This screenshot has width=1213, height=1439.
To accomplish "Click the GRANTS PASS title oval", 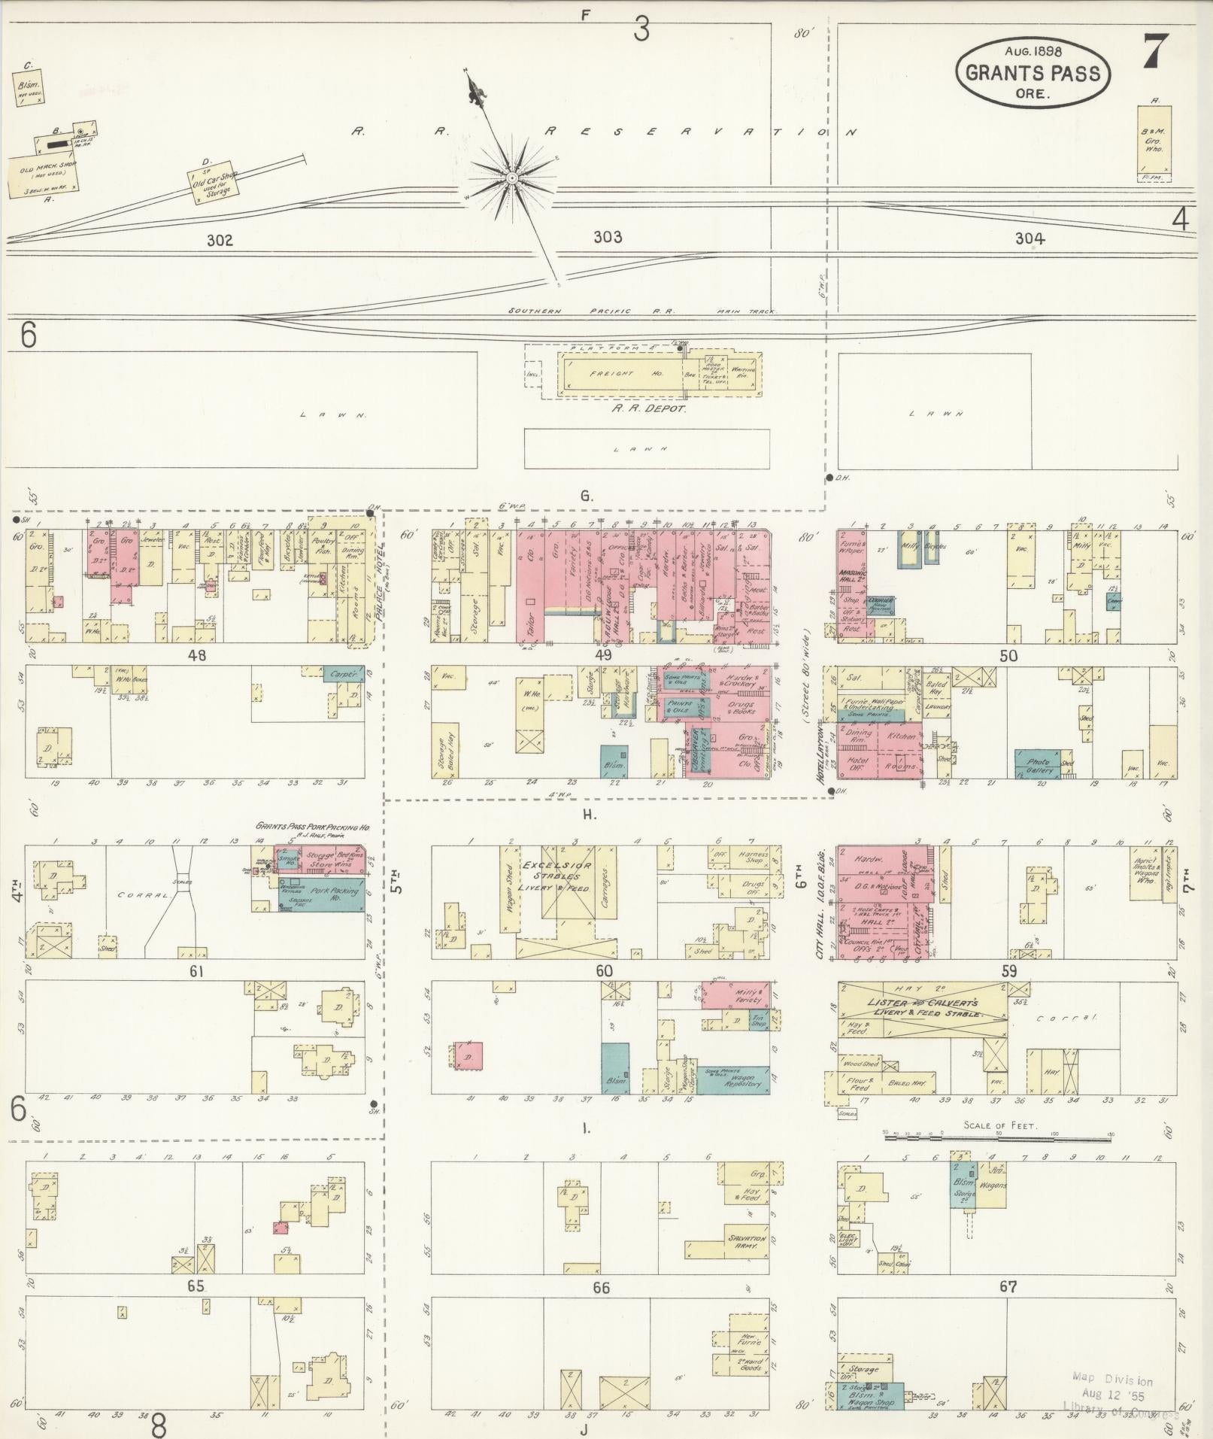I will pos(1032,74).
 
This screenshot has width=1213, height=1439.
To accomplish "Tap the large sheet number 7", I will pos(1156,52).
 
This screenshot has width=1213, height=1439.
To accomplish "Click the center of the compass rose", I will pos(511,178).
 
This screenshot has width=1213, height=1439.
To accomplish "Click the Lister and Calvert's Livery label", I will pos(923,1008).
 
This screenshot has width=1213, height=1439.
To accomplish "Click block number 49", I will pos(603,654).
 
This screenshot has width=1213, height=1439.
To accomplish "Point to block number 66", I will pos(601,1288).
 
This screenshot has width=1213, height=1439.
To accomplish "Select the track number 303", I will pos(608,238).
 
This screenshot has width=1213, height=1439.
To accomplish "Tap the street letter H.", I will pos(588,814).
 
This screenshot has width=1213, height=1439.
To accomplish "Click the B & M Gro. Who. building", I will pos(1154,141).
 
